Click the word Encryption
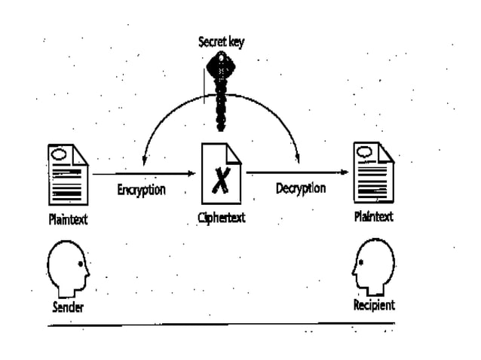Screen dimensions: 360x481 point(141,189)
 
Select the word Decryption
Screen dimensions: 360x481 point(299,188)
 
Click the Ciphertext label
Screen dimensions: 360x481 point(221,220)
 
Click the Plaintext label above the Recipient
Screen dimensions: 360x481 point(374,218)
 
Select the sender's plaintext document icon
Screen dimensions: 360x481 point(67,175)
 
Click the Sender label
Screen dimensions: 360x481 point(67,307)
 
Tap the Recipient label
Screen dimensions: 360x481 point(374,307)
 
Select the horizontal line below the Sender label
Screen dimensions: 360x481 point(219,325)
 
